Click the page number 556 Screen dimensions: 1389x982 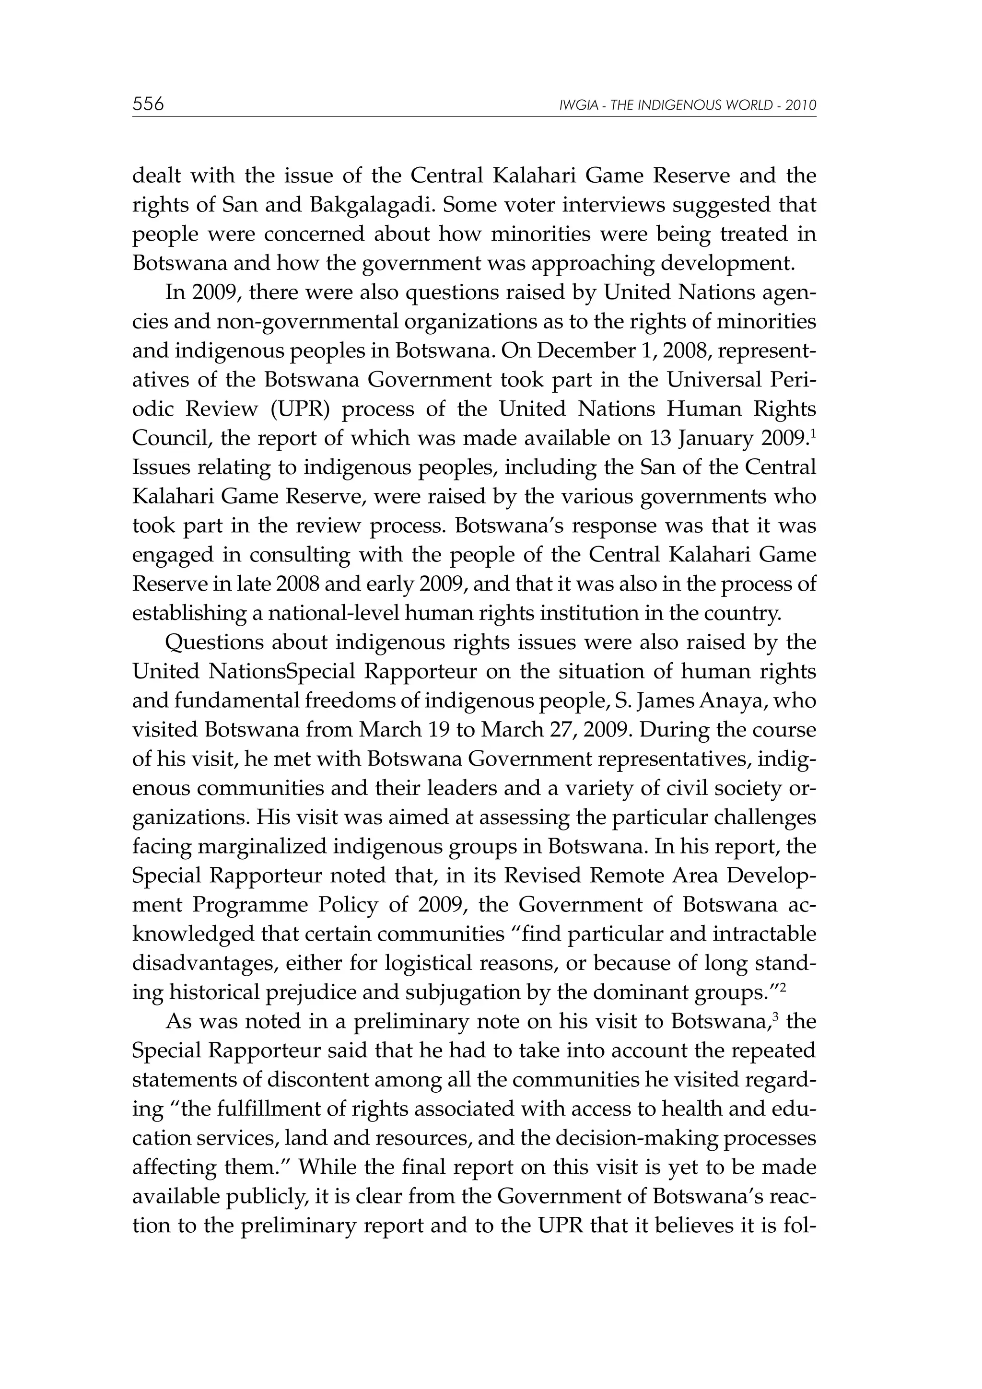coord(148,104)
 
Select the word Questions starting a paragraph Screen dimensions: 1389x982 coord(214,642)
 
